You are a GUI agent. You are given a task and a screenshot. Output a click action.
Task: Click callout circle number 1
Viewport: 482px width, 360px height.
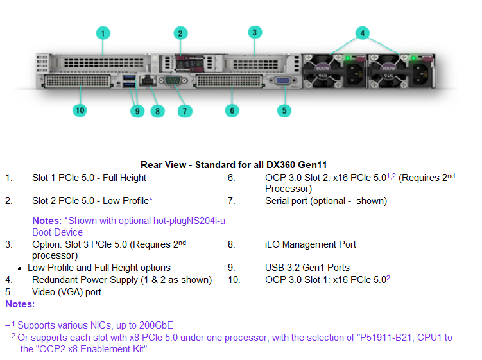pyautogui.click(x=103, y=33)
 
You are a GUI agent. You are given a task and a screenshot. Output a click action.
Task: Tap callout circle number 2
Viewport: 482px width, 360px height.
pyautogui.click(x=180, y=33)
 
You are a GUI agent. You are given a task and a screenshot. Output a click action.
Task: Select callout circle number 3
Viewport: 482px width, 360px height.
pyautogui.click(x=255, y=32)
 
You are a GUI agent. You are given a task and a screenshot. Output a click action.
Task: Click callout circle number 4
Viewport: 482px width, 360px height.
pyautogui.click(x=363, y=33)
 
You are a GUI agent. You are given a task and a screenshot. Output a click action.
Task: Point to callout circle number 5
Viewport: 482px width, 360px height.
pyautogui.click(x=284, y=110)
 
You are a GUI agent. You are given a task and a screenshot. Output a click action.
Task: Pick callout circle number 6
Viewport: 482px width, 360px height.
pyautogui.click(x=232, y=110)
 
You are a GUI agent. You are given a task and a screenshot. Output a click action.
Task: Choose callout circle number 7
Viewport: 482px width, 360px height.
pyautogui.click(x=184, y=110)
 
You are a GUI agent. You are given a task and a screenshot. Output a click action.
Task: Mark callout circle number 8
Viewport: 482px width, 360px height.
pyautogui.click(x=157, y=110)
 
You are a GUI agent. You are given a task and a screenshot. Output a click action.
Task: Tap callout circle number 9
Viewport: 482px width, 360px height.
pyautogui.click(x=136, y=110)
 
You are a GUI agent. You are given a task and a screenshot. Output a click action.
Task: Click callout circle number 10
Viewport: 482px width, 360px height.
pyautogui.click(x=80, y=110)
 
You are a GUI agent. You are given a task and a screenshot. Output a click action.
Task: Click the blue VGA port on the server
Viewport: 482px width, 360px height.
pyautogui.click(x=281, y=81)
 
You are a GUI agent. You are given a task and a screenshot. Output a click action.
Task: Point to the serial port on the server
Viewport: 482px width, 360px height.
pyautogui.click(x=173, y=81)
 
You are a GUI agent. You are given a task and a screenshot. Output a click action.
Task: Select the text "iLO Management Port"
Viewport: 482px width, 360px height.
pyautogui.click(x=310, y=244)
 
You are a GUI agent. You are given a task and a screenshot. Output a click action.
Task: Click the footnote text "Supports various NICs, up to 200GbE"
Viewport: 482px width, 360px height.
pyautogui.click(x=95, y=325)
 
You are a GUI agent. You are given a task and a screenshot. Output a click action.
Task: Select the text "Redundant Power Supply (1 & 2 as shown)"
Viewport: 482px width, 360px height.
pyautogui.click(x=122, y=280)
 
